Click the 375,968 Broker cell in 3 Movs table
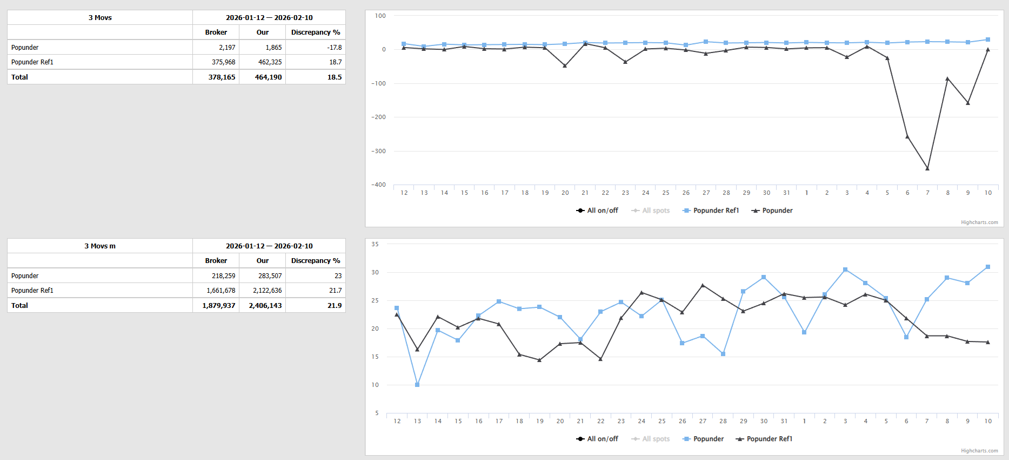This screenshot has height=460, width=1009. (x=223, y=62)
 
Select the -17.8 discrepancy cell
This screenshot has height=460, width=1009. (x=334, y=48)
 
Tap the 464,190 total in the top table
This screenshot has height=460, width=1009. (x=268, y=77)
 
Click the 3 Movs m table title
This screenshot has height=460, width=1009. (x=100, y=246)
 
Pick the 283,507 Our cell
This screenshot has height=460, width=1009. (x=270, y=276)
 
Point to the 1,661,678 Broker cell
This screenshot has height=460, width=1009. (x=220, y=291)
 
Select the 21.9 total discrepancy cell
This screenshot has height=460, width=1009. (x=334, y=306)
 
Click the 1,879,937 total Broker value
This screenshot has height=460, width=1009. (x=218, y=306)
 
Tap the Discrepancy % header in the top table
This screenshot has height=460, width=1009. (x=316, y=32)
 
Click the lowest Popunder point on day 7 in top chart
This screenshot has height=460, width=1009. (x=927, y=168)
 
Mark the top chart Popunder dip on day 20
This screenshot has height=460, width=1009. (x=565, y=65)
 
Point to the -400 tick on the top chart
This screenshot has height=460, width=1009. (x=378, y=185)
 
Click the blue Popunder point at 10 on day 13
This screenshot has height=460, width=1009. (x=417, y=385)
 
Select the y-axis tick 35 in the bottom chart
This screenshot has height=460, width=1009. (x=375, y=245)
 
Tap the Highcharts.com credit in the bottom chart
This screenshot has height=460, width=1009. (x=979, y=451)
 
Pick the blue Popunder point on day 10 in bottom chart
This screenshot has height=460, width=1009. (x=988, y=267)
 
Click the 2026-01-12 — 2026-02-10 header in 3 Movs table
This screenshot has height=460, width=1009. (x=269, y=18)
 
